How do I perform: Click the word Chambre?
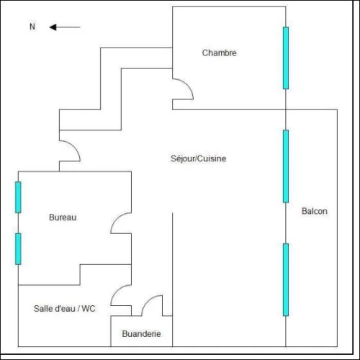pos(219,53)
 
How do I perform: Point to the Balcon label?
pos(315,211)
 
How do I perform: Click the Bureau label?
pos(63,217)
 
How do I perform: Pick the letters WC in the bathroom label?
pos(89,308)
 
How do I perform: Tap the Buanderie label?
pos(141,333)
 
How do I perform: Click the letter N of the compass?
pos(32,27)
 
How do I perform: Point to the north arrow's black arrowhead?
pos(53,27)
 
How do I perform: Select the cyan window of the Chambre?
pos(286,58)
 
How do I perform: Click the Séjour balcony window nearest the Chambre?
pos(286,166)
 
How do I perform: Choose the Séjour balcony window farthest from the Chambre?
pos(286,279)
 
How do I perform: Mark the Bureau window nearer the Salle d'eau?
pos(18,249)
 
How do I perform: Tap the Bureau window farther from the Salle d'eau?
pos(18,197)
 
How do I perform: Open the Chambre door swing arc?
pos(189,85)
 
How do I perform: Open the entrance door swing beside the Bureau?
pos(75,147)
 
